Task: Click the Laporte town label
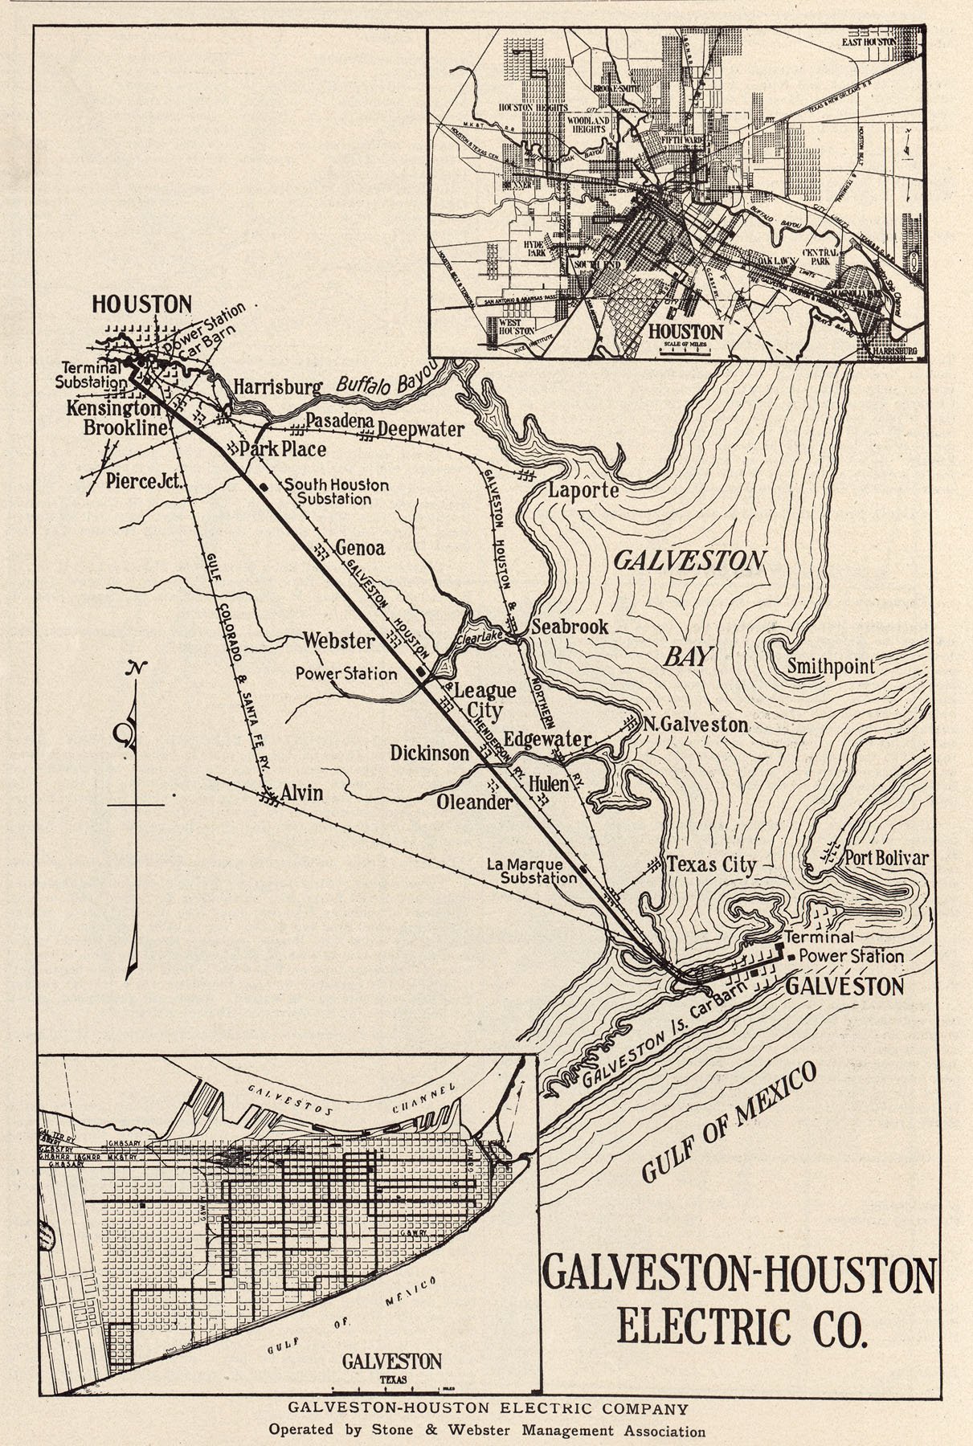583,490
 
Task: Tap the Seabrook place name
570,627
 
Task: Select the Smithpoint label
831,666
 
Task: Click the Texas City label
712,865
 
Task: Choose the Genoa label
360,549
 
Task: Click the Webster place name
338,640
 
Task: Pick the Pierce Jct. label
146,481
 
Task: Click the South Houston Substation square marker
262,487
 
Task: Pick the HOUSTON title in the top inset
685,331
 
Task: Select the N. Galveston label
696,725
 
